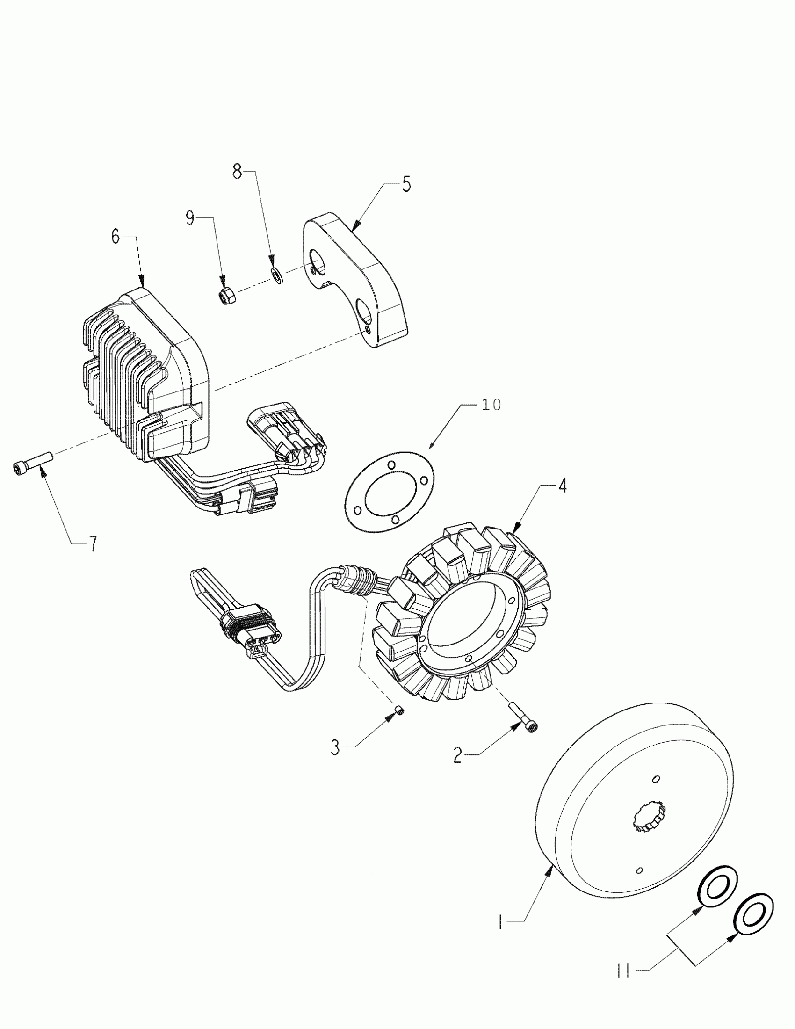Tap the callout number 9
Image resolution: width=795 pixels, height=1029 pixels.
click(x=190, y=218)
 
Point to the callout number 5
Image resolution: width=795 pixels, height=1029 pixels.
click(x=406, y=184)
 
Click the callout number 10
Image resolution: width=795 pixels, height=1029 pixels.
click(x=491, y=405)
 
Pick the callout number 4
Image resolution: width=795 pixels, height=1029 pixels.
click(x=562, y=486)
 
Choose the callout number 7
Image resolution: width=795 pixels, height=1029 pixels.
click(x=93, y=544)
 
